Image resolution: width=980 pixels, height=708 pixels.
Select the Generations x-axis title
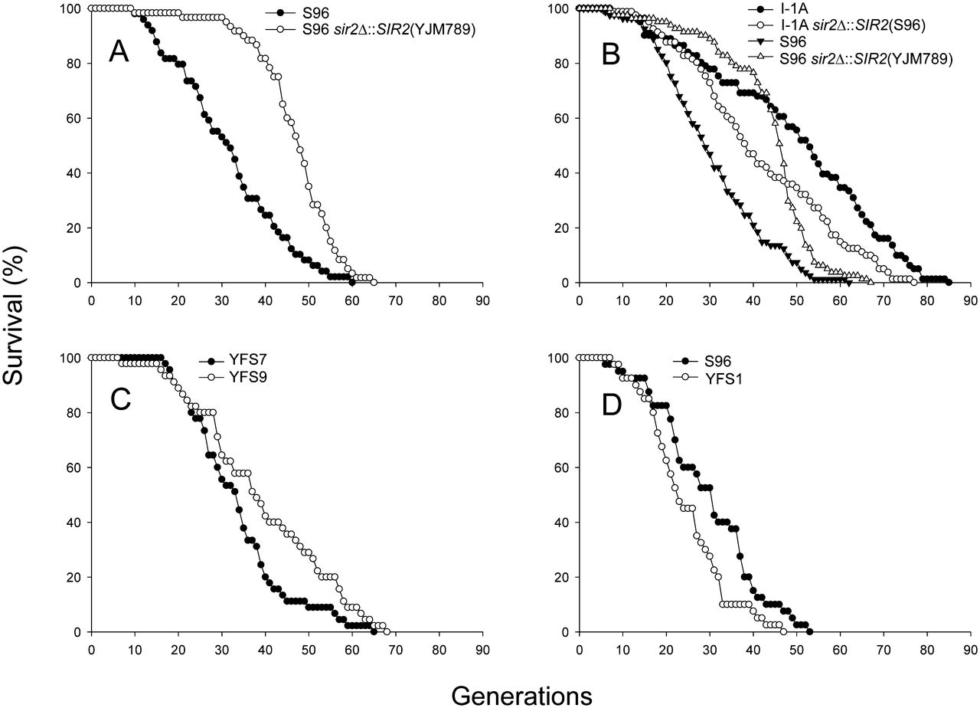[521, 694]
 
